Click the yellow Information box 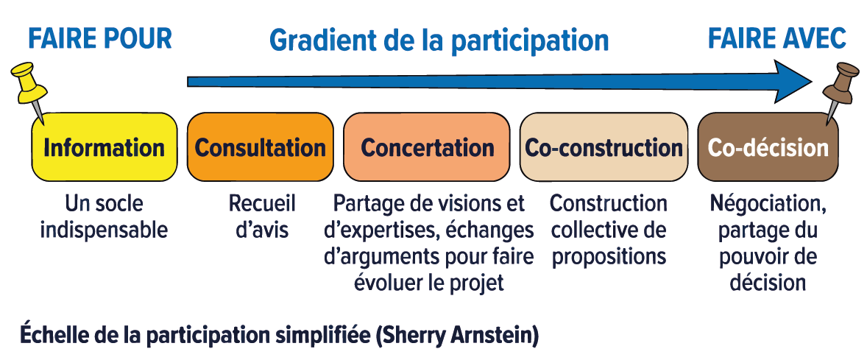tap(105, 147)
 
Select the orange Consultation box tap(261, 147)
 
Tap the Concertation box tap(426, 147)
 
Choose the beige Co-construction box tap(604, 147)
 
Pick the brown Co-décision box tap(768, 147)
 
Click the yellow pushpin tap(29, 88)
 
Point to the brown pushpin tap(839, 88)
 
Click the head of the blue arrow tap(792, 82)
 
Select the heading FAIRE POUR tap(100, 39)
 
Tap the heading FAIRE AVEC tap(777, 39)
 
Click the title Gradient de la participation tap(439, 41)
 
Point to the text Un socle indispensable tap(104, 216)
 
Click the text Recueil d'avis tap(262, 216)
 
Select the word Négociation tap(768, 205)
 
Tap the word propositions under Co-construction tap(609, 257)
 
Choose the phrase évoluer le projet tap(428, 283)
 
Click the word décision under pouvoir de tap(768, 283)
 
